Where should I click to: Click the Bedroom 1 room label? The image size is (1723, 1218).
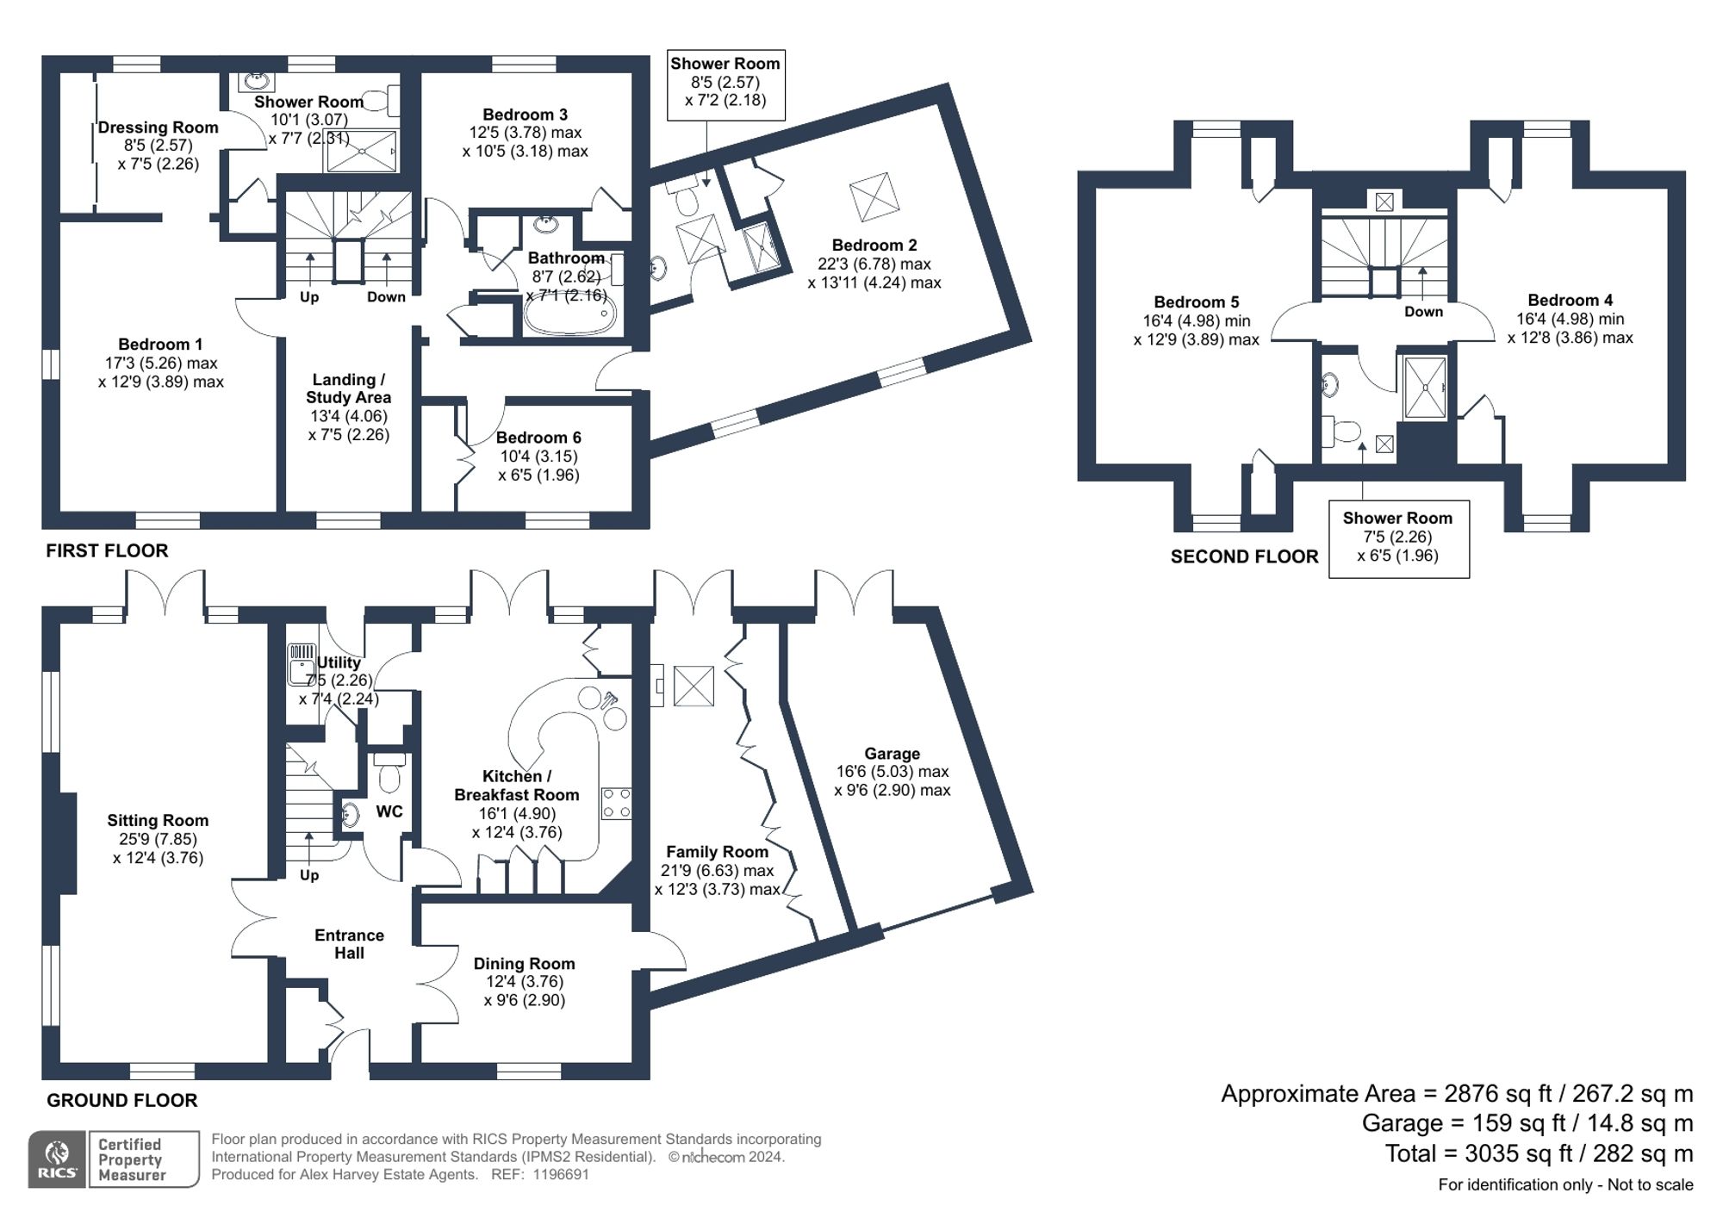coord(160,345)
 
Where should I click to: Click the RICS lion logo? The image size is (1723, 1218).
coord(57,1159)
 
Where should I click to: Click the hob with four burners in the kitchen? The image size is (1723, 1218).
coord(616,803)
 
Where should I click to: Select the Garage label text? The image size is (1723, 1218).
coord(892,754)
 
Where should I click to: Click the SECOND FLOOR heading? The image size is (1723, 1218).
coord(1243,557)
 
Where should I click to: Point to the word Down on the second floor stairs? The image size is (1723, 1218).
coord(1423,312)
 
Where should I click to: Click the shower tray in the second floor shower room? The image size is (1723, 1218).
coord(1426,388)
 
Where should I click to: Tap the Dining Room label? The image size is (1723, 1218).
coord(524,964)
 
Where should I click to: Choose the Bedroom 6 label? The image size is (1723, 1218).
coord(538,438)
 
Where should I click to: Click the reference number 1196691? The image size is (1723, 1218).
coord(561,1175)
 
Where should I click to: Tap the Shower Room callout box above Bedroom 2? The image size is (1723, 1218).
coord(725,84)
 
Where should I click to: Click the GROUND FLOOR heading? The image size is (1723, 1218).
coord(121,1100)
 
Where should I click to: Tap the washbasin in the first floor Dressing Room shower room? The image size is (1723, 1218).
coord(257,82)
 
